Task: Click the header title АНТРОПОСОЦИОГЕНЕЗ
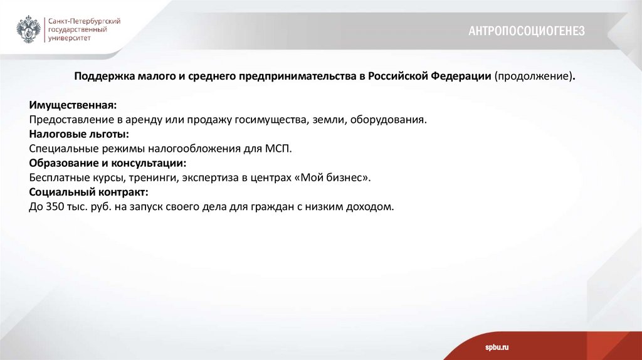point(526,31)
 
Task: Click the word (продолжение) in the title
point(534,76)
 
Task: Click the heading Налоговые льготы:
point(79,134)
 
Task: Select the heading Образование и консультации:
point(108,163)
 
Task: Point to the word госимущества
point(271,119)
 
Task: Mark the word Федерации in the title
point(461,76)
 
